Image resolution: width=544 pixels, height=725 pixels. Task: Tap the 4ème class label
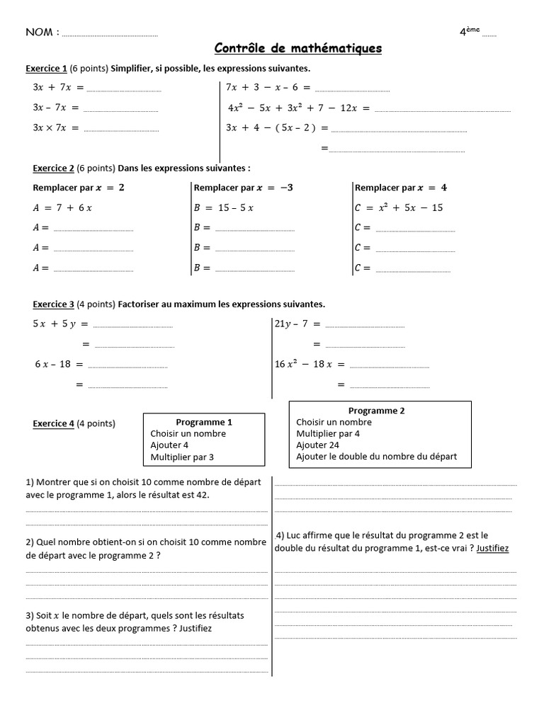tap(469, 31)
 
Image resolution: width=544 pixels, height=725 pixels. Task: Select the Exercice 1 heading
tap(46, 69)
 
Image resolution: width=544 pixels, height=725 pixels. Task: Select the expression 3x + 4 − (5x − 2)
tap(277, 128)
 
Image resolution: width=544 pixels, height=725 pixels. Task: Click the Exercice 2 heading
tap(54, 169)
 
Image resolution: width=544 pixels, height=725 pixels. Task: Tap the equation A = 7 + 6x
tap(63, 207)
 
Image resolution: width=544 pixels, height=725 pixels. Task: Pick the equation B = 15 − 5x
tap(224, 207)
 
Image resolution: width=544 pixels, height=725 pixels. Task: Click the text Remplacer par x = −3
tap(243, 188)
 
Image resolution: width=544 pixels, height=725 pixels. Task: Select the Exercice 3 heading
tap(54, 304)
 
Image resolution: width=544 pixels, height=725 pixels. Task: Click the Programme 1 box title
tap(204, 421)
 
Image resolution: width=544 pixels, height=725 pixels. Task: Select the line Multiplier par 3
tap(182, 457)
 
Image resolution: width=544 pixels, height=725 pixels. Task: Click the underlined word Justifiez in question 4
tap(493, 548)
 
